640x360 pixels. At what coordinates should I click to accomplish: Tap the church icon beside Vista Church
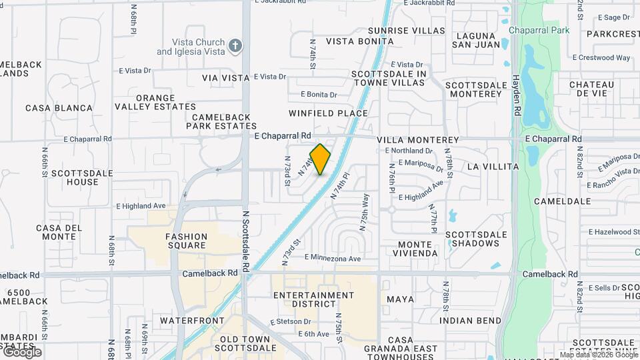(x=234, y=46)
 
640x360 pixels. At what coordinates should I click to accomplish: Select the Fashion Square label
(x=187, y=241)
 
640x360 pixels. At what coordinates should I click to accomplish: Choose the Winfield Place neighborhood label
(x=328, y=113)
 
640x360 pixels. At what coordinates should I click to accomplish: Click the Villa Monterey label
(x=418, y=140)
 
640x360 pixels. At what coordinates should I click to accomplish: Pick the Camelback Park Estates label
(x=221, y=121)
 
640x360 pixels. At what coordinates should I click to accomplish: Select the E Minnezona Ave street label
(x=333, y=258)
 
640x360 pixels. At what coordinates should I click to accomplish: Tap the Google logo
(x=22, y=351)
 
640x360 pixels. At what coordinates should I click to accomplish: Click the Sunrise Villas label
(x=406, y=31)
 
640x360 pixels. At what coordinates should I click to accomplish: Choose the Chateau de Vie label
(x=591, y=89)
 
